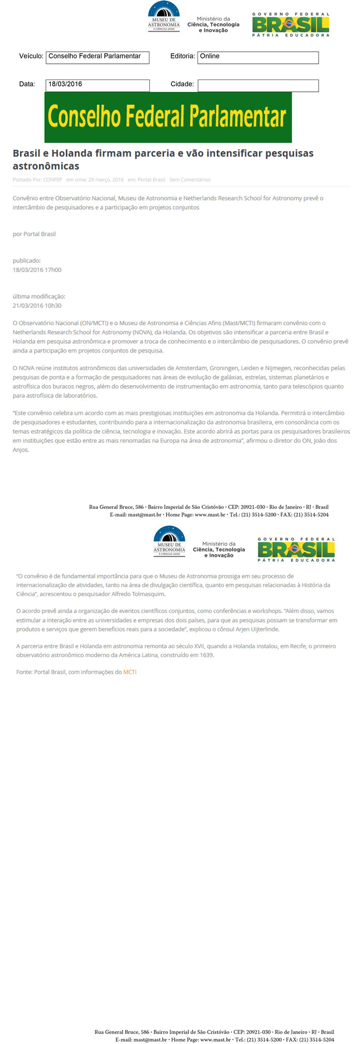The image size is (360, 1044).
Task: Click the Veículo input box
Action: [x=97, y=57]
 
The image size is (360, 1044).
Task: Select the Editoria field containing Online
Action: [x=258, y=57]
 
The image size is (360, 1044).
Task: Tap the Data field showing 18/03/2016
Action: [x=97, y=85]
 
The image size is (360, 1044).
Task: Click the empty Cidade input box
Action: [x=258, y=85]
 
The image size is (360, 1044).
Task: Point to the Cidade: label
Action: [x=182, y=84]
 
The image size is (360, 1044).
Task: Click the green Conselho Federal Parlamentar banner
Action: [x=168, y=117]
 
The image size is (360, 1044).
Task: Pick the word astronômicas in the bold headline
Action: [x=46, y=166]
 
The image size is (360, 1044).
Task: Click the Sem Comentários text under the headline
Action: [x=189, y=179]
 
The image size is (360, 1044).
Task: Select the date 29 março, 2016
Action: [x=106, y=179]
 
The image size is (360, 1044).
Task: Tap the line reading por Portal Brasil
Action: [x=34, y=234]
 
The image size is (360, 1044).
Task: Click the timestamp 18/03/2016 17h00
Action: [x=37, y=270]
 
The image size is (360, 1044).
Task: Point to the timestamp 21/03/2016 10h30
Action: [x=37, y=306]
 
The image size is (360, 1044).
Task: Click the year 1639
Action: [x=207, y=655]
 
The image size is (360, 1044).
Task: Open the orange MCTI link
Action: [x=130, y=672]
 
